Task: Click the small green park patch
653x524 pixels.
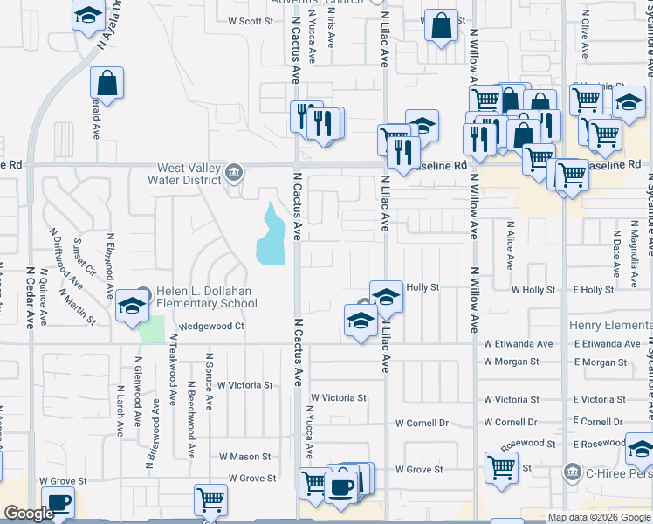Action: point(153,329)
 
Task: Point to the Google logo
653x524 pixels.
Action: point(29,514)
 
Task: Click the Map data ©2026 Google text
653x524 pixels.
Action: point(599,517)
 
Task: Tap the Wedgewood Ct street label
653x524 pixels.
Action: point(211,327)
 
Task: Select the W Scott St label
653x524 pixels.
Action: point(251,21)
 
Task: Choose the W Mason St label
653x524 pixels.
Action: point(244,457)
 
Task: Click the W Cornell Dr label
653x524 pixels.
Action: point(422,423)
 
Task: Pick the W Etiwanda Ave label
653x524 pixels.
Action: point(519,344)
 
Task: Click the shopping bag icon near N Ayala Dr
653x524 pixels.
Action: point(107,85)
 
